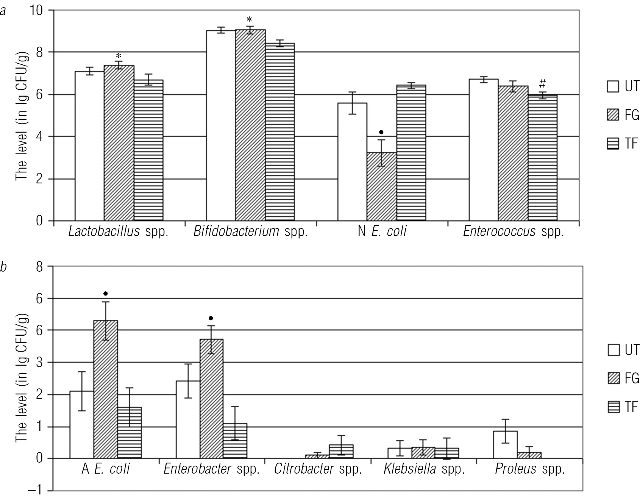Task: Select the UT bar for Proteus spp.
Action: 505,445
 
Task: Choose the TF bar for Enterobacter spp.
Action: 235,441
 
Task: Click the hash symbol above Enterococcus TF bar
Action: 542,84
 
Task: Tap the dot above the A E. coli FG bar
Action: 106,293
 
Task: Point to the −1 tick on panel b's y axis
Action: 38,491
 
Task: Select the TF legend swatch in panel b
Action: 613,407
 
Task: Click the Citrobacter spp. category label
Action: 318,469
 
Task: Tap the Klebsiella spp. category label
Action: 424,469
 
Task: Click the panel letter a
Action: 3,12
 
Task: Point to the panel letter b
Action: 3,267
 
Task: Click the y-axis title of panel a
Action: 22,115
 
